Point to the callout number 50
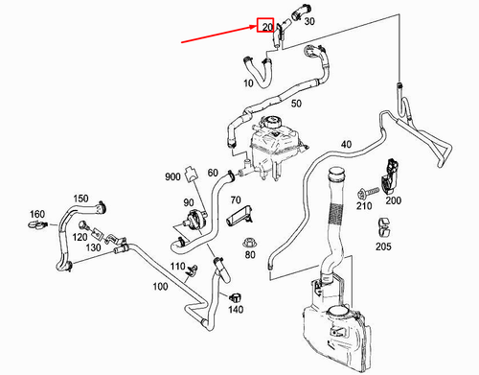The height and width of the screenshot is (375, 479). tap(296, 103)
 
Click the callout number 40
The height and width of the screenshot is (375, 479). tap(346, 145)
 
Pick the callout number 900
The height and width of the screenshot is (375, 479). tap(172, 178)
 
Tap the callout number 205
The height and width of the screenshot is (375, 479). tap(384, 246)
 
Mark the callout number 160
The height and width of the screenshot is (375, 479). tap(36, 213)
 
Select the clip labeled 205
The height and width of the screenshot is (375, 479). tap(382, 228)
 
